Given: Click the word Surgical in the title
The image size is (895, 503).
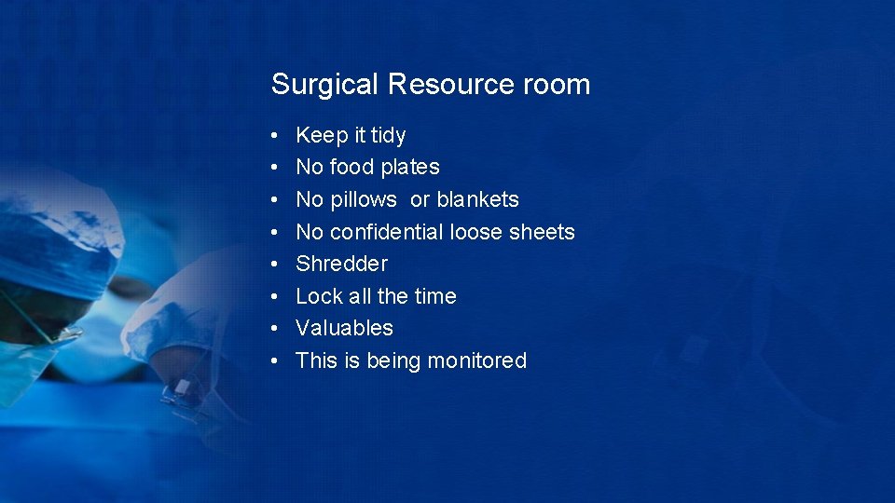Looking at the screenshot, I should tap(325, 85).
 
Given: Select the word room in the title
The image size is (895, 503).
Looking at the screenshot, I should tap(557, 85).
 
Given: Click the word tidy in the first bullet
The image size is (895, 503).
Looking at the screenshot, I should tap(388, 136).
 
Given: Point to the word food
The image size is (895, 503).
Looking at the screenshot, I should tap(356, 168).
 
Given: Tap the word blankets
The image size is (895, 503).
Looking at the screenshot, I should tap(477, 200).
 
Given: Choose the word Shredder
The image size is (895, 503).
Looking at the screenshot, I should tap(341, 264).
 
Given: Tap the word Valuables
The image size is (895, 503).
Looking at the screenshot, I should tap(344, 328).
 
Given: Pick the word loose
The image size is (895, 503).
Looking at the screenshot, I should tap(476, 232).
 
